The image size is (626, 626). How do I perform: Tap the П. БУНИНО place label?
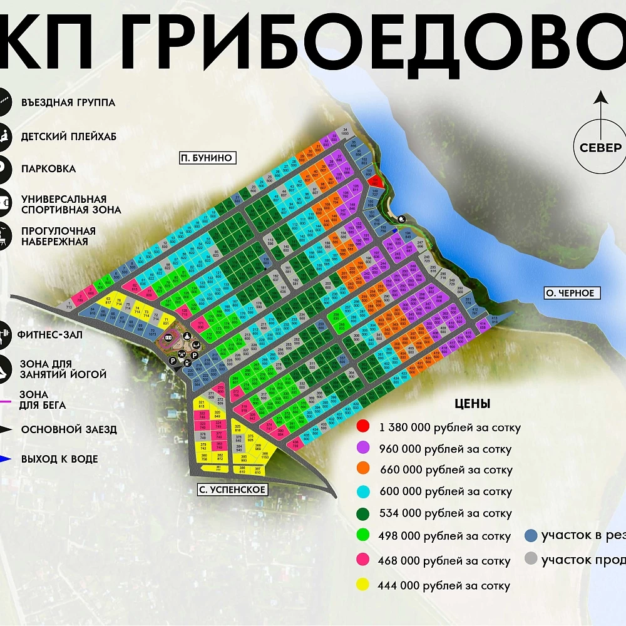click(206, 158)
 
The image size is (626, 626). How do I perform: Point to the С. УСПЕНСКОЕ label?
click(232, 490)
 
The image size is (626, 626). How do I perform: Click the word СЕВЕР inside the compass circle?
click(600, 148)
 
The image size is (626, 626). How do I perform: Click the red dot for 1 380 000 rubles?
click(362, 427)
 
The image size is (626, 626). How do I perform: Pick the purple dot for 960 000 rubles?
click(362, 448)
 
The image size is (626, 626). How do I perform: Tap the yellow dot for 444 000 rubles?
click(362, 585)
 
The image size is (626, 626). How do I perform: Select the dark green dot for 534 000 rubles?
click(362, 513)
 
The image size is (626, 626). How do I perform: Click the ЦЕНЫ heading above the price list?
click(473, 404)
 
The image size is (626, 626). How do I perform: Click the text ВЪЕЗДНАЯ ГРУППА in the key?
click(68, 102)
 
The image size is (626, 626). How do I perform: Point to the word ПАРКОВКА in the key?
click(48, 169)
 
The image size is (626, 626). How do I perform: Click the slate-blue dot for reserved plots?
click(531, 536)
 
